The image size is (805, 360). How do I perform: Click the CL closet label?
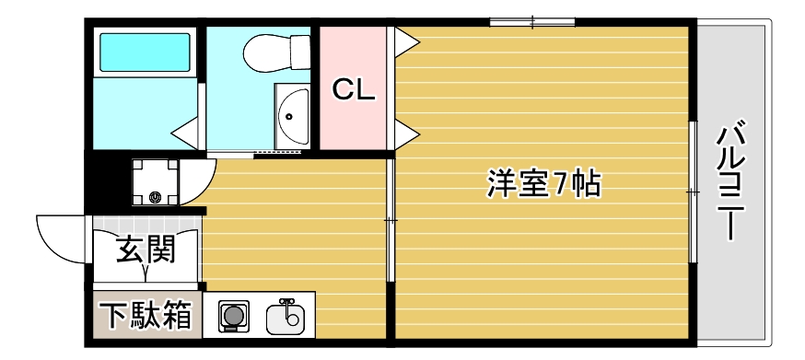pos(354,89)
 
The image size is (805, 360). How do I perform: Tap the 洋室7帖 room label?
pos(543,184)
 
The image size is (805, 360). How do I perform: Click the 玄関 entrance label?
pos(146,249)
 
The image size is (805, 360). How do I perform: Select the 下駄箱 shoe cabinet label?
pos(146,316)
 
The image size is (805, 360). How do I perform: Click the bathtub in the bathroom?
pos(145,53)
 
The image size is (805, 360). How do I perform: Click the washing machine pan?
pos(154,181)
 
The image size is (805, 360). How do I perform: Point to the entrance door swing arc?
pos(60,235)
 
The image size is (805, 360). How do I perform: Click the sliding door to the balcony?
pos(692,191)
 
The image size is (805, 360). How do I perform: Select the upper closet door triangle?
pos(405,42)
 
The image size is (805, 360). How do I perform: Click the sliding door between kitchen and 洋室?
pos(390,220)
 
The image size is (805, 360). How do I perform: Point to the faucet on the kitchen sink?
pos(286,303)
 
